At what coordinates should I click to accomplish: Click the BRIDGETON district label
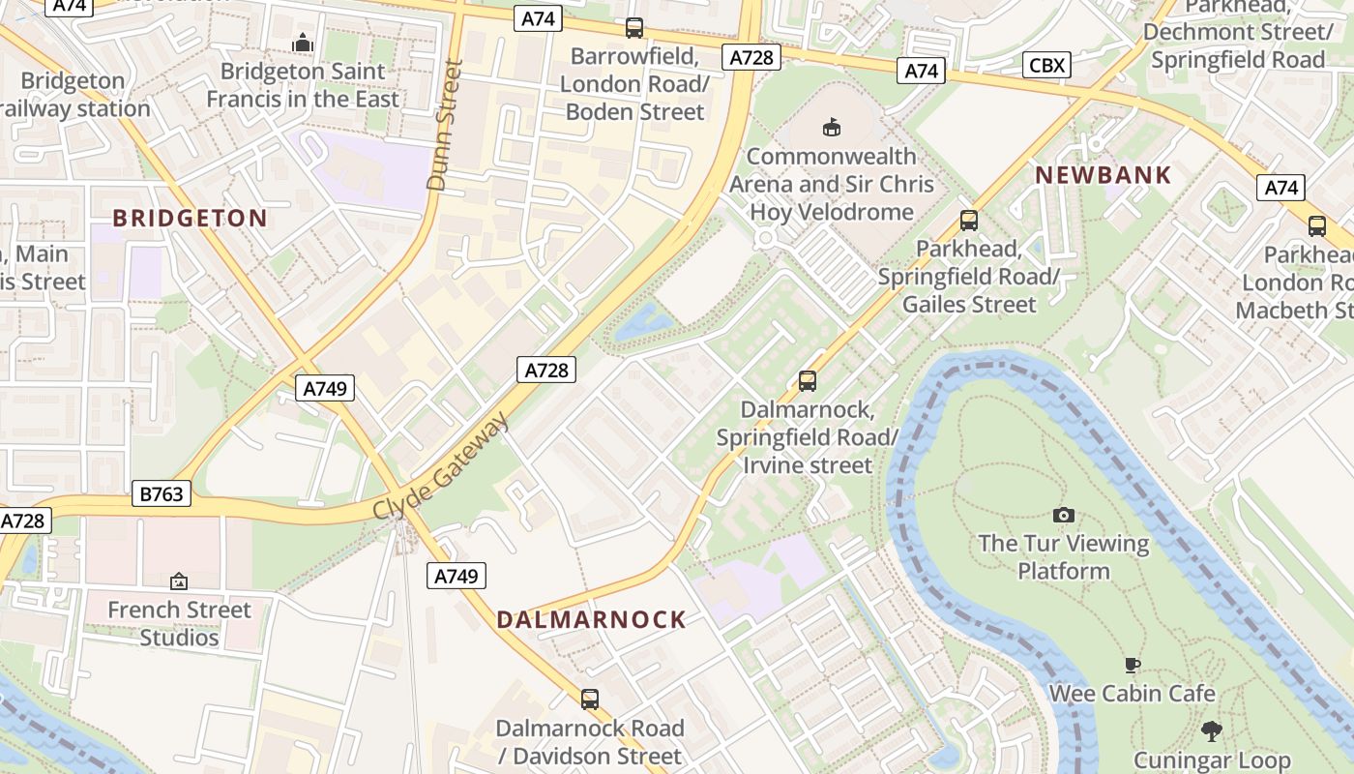click(x=190, y=218)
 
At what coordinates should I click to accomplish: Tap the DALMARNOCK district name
click(x=591, y=620)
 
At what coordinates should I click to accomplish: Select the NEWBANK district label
click(x=1104, y=175)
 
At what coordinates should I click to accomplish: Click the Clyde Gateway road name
click(x=441, y=466)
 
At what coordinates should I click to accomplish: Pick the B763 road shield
click(x=162, y=494)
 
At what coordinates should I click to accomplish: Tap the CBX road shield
click(x=1046, y=65)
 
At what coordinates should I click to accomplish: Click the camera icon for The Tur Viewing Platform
click(x=1064, y=515)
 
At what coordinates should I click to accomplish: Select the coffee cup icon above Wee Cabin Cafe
click(x=1132, y=665)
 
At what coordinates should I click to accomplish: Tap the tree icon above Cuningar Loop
click(x=1211, y=731)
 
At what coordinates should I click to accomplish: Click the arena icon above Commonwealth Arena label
click(x=831, y=127)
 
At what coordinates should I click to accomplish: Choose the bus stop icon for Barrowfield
click(x=634, y=28)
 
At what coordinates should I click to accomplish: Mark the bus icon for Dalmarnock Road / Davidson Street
click(x=589, y=699)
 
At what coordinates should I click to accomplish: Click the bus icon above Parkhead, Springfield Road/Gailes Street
click(x=968, y=220)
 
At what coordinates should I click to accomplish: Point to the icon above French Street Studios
click(x=179, y=581)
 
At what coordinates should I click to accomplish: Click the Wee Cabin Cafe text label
click(x=1132, y=694)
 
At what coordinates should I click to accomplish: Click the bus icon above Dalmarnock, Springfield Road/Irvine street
click(x=808, y=381)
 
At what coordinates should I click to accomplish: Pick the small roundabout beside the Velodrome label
click(x=766, y=237)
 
